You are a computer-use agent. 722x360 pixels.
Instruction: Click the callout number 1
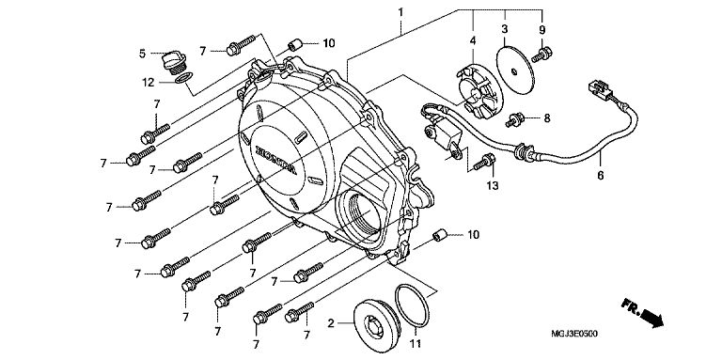(400, 12)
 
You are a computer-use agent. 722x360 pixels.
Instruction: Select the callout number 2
(331, 323)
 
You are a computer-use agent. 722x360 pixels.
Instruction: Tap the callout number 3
(505, 29)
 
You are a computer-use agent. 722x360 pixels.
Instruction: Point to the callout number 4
(473, 41)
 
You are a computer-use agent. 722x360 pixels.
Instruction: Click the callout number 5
(142, 54)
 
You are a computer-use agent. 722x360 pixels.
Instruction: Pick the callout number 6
(601, 176)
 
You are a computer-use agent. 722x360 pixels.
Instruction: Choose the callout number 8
(546, 118)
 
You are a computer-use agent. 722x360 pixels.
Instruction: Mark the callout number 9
(541, 30)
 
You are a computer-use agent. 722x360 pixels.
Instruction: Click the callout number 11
(416, 343)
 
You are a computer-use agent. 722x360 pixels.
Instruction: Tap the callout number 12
(149, 83)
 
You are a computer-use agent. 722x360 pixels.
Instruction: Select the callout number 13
(493, 185)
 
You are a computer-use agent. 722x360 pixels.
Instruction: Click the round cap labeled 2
(377, 326)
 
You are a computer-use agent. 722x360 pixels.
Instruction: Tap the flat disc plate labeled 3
(515, 70)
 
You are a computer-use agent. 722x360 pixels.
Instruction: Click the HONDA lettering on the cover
(276, 161)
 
